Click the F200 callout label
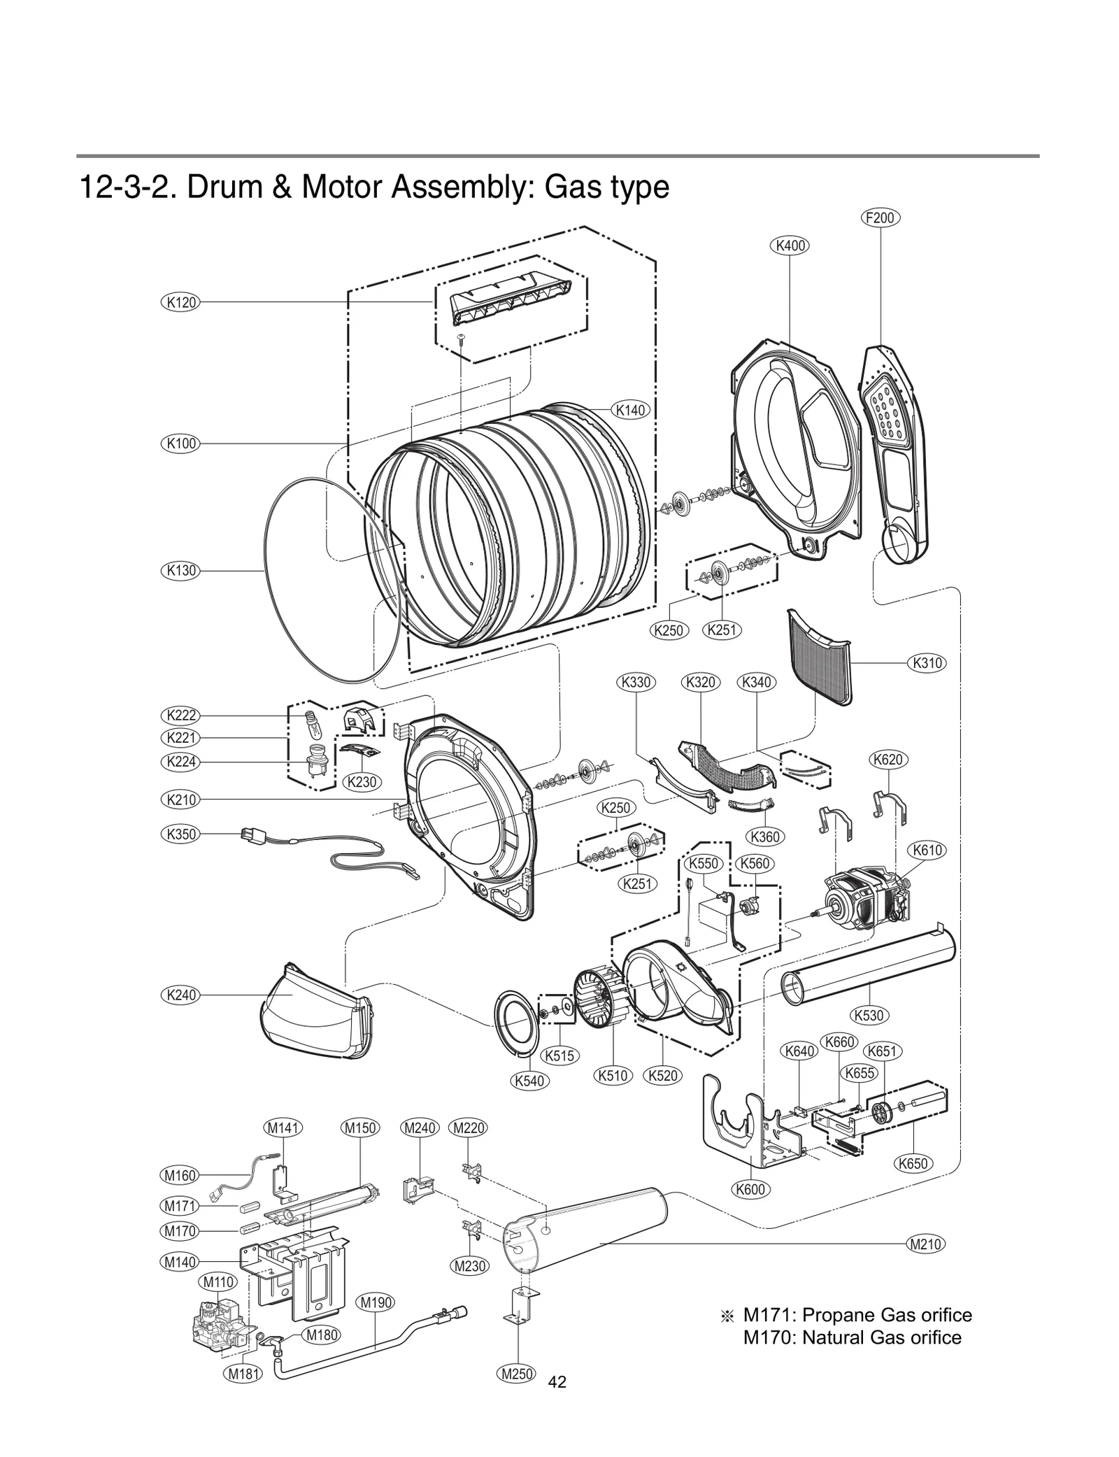(879, 218)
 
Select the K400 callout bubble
(790, 246)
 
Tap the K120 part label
(180, 302)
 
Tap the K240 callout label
(180, 995)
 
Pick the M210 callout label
(925, 1244)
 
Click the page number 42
(557, 1381)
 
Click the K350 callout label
(180, 834)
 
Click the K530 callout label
(869, 1015)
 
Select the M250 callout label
(518, 1374)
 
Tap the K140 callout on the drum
(630, 410)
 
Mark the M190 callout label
(376, 1302)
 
